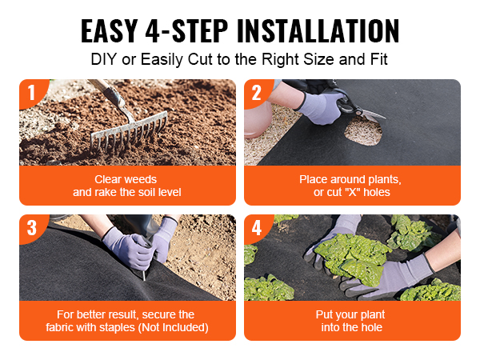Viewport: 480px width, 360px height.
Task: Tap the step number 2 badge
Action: (x=257, y=92)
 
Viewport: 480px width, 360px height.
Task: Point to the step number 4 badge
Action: (x=257, y=228)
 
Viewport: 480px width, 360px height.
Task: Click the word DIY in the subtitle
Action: (x=104, y=59)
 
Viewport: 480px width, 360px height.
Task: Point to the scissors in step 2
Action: (x=358, y=106)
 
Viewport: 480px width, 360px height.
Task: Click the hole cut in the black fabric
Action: (x=363, y=131)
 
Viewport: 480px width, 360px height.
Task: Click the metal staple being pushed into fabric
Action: (x=144, y=275)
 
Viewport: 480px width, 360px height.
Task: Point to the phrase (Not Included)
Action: (x=173, y=328)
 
